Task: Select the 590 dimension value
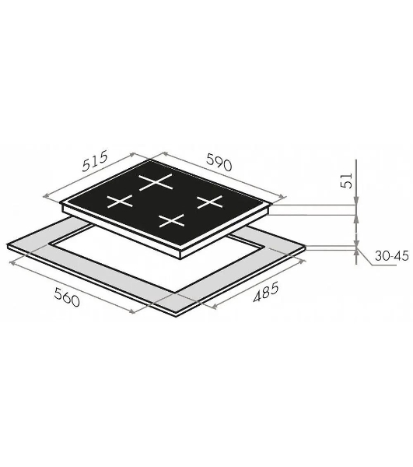[x=219, y=162]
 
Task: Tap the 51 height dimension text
[x=346, y=181]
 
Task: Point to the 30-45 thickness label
[x=391, y=256]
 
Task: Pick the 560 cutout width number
[x=67, y=297]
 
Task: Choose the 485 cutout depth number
[x=266, y=292]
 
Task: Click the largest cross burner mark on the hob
[x=156, y=181]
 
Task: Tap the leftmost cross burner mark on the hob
[x=120, y=201]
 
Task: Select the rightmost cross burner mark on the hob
[x=210, y=202]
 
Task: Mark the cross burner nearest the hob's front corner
[x=172, y=220]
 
